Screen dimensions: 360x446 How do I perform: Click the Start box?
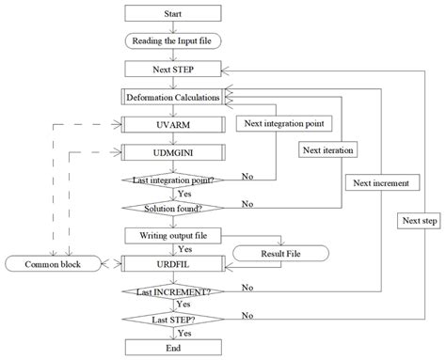coord(173,13)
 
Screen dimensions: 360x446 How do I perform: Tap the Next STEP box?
coord(173,69)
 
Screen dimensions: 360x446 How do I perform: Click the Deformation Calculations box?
coord(173,96)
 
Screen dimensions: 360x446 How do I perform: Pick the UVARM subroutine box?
coord(173,123)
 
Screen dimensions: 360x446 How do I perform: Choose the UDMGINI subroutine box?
coord(173,151)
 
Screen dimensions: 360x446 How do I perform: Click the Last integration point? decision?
coord(173,179)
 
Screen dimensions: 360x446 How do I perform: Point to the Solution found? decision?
coord(173,206)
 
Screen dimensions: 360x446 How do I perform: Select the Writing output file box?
coord(173,234)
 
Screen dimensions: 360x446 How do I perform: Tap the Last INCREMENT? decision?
coord(173,291)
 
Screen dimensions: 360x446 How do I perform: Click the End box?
coord(173,345)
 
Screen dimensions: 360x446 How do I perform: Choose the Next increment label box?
coord(376,182)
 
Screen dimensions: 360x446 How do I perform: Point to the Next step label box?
coord(418,220)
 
